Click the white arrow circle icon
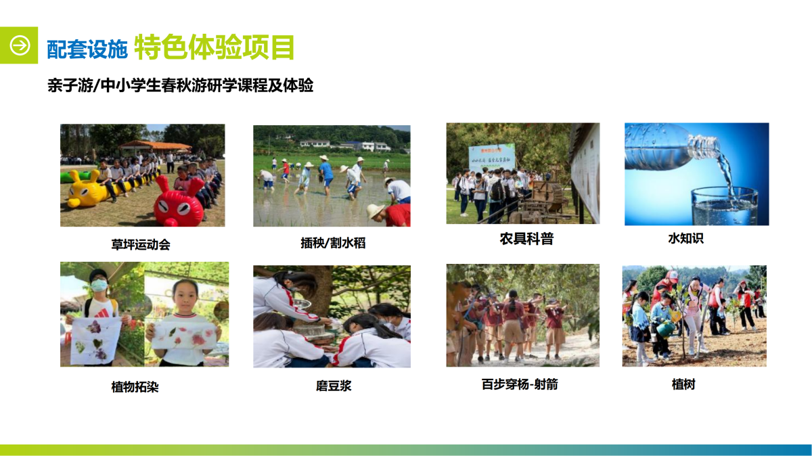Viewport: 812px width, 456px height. tap(20, 45)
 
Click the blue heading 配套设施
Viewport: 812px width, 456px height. tap(87, 49)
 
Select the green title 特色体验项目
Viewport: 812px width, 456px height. tap(215, 47)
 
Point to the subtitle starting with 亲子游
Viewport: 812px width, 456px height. tap(180, 85)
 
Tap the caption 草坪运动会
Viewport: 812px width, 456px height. tap(141, 245)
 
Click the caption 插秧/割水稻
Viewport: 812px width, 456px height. tap(333, 243)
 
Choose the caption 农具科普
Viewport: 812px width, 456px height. tap(526, 239)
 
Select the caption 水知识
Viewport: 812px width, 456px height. tap(686, 238)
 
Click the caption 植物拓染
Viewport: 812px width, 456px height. tap(135, 387)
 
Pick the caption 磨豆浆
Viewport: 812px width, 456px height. tap(334, 386)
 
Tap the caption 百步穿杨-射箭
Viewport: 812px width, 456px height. tap(520, 384)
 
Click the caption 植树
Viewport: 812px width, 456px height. tap(683, 384)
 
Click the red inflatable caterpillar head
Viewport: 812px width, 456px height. tap(179, 204)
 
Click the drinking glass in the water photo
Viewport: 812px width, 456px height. tap(724, 206)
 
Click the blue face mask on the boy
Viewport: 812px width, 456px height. tap(99, 286)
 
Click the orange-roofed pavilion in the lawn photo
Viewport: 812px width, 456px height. tap(155, 146)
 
